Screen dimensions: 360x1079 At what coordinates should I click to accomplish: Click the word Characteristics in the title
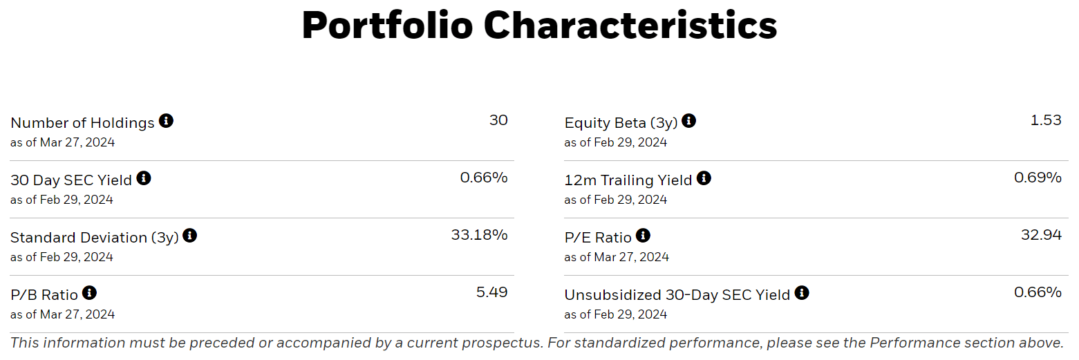tap(630, 26)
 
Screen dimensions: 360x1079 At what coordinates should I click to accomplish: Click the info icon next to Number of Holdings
tap(166, 121)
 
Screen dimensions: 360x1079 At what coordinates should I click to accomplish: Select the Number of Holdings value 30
tap(498, 120)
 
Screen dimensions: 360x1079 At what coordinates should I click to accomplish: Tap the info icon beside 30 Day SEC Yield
tap(144, 178)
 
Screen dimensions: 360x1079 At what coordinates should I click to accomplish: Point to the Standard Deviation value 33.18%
tap(479, 235)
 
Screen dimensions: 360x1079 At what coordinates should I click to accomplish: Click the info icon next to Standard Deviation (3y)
tap(190, 236)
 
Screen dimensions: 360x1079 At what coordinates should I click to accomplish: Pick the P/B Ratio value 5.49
tap(491, 292)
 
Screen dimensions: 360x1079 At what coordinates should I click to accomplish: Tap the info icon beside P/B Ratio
tap(89, 293)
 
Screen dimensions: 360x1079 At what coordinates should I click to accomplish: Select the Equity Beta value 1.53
tap(1045, 120)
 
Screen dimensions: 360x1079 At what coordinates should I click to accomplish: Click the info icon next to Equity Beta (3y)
tap(689, 121)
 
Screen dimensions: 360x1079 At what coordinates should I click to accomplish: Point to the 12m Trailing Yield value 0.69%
tap(1038, 178)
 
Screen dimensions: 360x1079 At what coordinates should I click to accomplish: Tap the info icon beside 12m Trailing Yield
tap(704, 178)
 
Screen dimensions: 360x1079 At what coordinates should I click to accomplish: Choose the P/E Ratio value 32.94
tap(1041, 235)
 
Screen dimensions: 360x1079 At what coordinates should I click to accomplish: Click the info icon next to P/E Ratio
tap(643, 236)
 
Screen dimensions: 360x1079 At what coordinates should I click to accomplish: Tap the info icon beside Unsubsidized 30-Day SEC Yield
tap(802, 293)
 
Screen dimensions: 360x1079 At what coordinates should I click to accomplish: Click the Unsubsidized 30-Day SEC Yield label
tap(677, 295)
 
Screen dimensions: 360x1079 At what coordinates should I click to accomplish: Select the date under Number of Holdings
tap(62, 142)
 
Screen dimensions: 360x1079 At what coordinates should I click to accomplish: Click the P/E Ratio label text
tap(598, 238)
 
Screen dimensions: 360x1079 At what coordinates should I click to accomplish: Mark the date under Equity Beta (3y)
tap(615, 142)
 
